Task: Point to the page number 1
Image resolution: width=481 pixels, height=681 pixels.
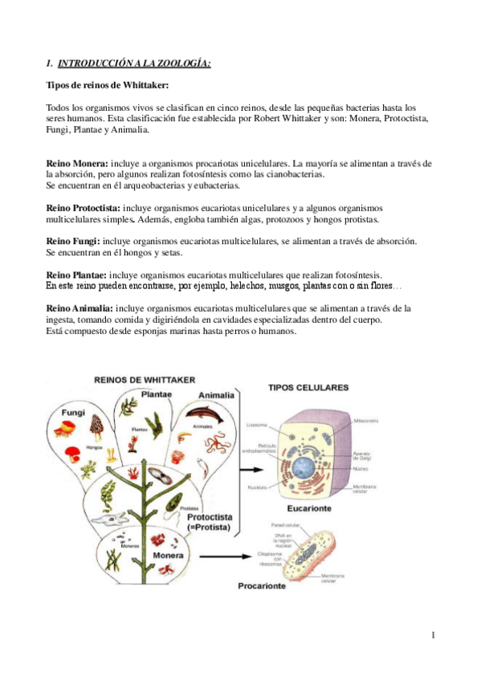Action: point(432,636)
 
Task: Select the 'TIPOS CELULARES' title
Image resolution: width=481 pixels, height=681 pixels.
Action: point(308,387)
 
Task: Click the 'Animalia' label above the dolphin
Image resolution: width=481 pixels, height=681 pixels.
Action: point(217,395)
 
